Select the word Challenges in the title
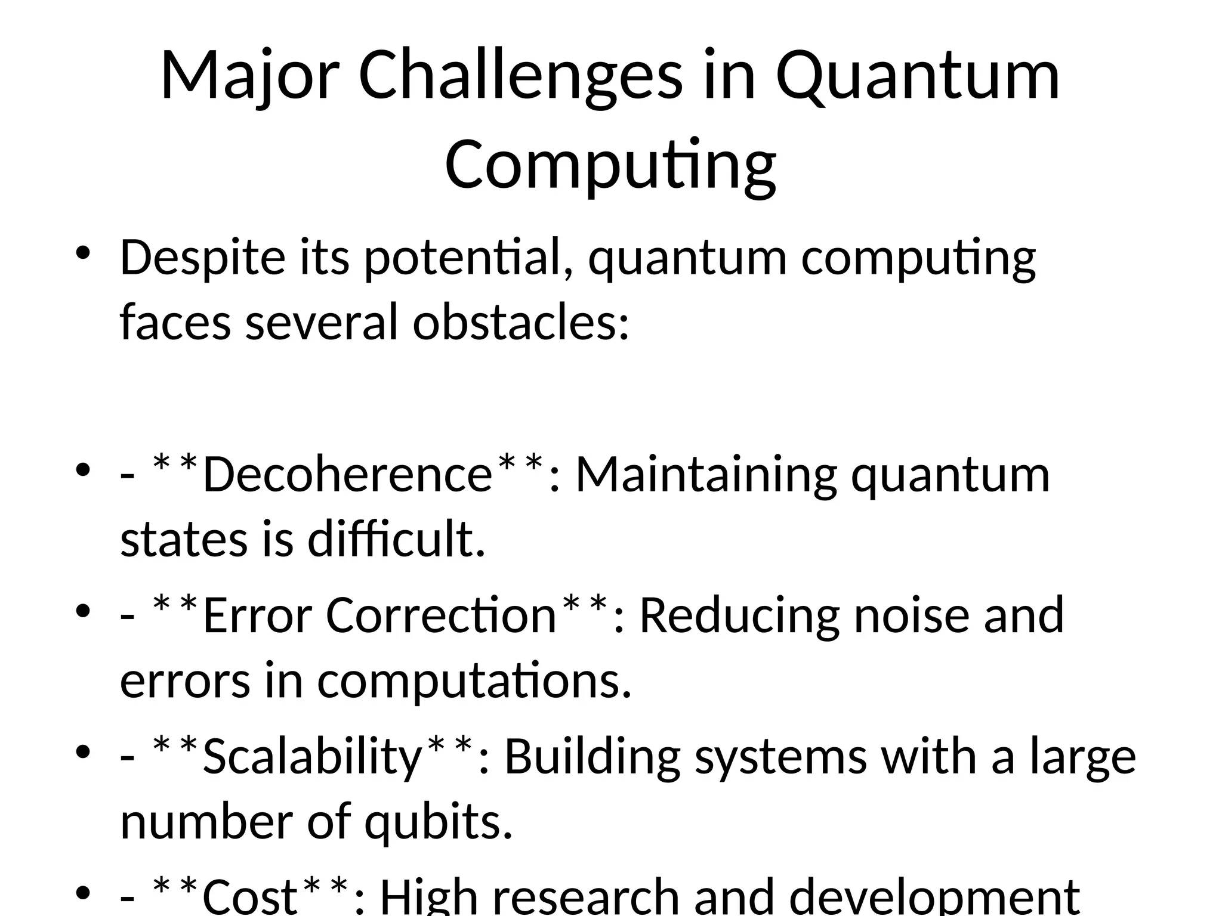pos(520,76)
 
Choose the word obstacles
pos(520,322)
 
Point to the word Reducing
pos(739,615)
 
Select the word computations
pos(474,680)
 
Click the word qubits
pos(439,821)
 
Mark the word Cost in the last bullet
pos(250,896)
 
